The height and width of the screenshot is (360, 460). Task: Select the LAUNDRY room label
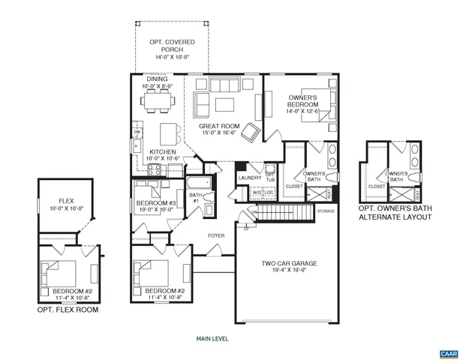tap(248, 178)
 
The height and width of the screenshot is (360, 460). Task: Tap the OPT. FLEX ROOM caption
tap(68, 309)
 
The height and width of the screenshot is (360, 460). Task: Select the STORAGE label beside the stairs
tap(326, 211)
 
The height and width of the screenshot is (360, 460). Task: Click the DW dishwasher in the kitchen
tap(137, 133)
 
